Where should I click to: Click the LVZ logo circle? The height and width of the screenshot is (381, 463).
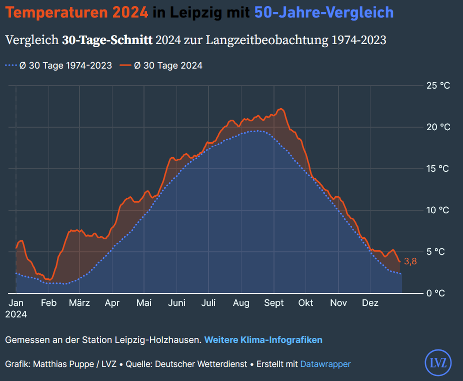click(x=438, y=362)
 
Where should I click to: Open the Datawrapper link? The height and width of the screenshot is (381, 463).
click(x=325, y=364)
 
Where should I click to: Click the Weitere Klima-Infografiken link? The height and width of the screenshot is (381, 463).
click(x=263, y=340)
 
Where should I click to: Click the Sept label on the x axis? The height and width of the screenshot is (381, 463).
click(x=273, y=303)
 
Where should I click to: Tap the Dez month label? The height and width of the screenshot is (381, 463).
click(x=370, y=303)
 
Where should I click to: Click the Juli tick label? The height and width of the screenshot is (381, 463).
click(x=208, y=303)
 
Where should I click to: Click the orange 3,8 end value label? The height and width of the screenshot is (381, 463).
click(x=410, y=261)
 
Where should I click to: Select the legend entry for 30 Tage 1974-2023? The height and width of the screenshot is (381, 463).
click(x=58, y=66)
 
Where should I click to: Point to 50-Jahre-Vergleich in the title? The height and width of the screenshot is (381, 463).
click(x=324, y=13)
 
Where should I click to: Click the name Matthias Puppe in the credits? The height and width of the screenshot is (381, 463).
click(x=65, y=364)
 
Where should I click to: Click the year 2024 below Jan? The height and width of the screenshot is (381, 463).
click(x=16, y=315)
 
